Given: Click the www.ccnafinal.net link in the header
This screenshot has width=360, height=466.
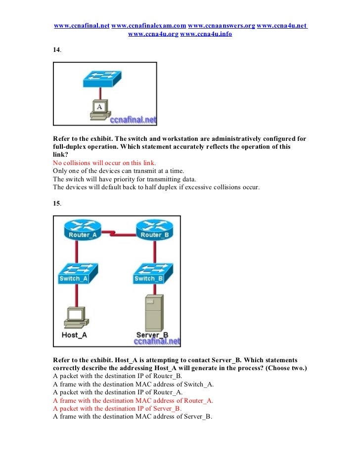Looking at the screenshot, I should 81,26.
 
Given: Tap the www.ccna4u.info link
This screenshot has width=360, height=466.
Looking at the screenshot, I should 206,34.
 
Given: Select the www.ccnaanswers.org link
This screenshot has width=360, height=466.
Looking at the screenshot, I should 222,26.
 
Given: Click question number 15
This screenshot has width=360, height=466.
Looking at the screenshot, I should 57,204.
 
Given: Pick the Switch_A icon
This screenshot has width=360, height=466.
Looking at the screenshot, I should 76,274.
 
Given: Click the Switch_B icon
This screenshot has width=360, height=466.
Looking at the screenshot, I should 151,274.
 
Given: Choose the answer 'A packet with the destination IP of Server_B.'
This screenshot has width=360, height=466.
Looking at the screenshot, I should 117,409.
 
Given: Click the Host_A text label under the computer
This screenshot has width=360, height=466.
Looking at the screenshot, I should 74,335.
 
